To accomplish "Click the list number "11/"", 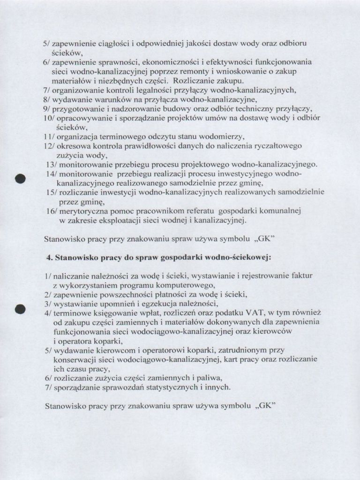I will click(48, 136).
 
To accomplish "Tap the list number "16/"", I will click(52, 211).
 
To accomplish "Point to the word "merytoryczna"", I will click(81, 211).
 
